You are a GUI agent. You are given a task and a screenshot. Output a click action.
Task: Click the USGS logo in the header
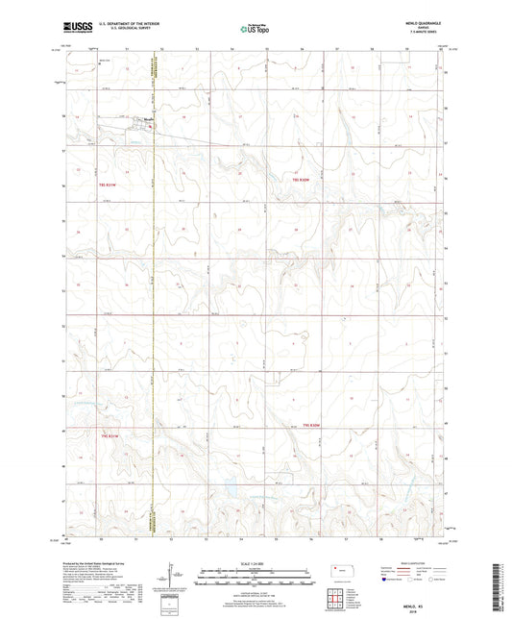coord(76,29)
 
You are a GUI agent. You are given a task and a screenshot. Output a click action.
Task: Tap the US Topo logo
coord(254,29)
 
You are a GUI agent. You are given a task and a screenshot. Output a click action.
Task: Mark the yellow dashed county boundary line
coord(155,288)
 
